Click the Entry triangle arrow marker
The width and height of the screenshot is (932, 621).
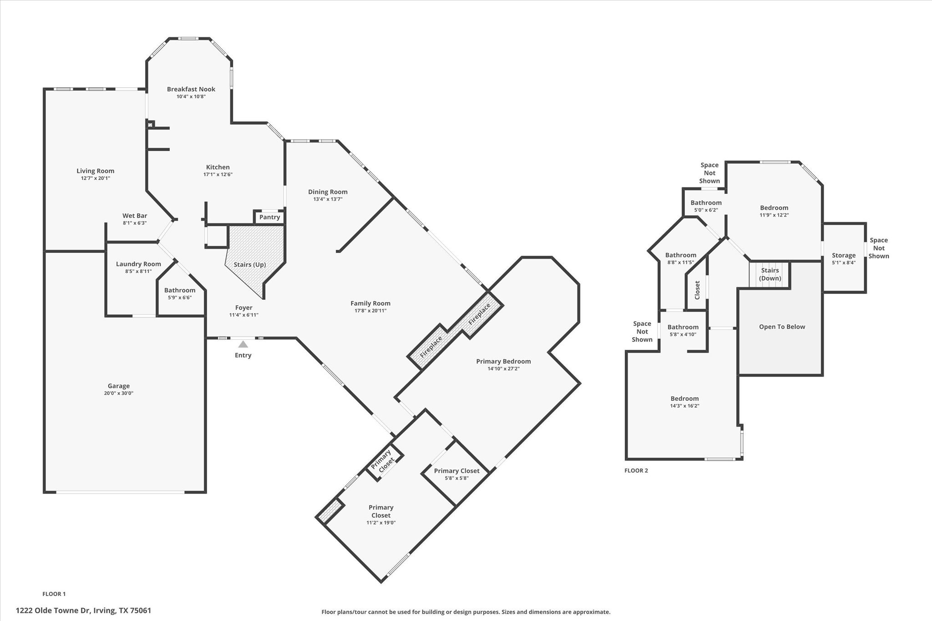(243, 344)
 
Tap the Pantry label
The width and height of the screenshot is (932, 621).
(269, 217)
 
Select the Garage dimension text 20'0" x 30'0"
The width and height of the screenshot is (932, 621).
(118, 393)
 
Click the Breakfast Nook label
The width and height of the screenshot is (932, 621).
(191, 89)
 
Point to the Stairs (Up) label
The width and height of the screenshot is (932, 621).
(249, 264)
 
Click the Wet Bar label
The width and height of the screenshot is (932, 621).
(135, 216)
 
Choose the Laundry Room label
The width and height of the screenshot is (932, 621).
(138, 264)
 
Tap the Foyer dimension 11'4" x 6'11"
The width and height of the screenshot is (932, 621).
(243, 315)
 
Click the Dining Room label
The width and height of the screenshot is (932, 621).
(328, 192)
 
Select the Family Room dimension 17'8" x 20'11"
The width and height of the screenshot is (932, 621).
(370, 311)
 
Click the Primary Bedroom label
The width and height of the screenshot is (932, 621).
(503, 361)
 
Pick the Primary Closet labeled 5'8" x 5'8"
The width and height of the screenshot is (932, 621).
(456, 471)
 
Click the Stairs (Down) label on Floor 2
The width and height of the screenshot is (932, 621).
(770, 274)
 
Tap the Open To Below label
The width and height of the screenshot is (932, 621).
(782, 327)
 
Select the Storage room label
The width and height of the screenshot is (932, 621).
(844, 255)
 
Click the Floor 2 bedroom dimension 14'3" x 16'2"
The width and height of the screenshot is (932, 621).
(684, 406)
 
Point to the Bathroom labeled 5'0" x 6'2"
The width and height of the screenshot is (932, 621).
(706, 203)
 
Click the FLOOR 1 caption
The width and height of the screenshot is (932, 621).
(54, 594)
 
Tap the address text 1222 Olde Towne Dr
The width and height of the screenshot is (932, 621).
(53, 611)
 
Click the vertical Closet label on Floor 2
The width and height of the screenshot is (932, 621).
(697, 290)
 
